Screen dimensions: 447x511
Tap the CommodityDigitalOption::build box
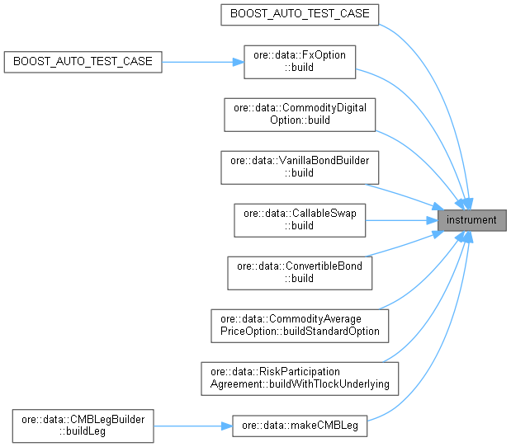point(300,114)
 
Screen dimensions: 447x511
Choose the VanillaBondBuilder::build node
point(300,167)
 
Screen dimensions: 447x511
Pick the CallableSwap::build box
point(300,219)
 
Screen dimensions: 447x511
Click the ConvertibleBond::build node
point(300,271)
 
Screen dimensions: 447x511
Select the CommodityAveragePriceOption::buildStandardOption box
point(300,324)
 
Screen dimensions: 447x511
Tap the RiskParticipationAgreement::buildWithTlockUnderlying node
point(300,377)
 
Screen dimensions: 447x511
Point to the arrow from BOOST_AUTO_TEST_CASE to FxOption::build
point(202,62)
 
